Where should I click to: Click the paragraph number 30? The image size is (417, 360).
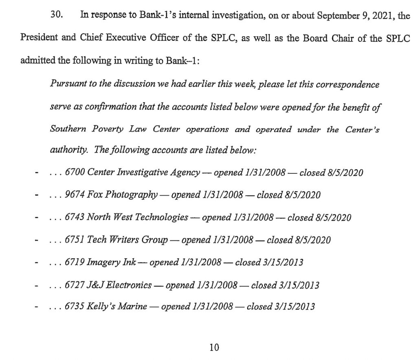(55, 15)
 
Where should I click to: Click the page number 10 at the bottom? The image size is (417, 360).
(214, 347)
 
